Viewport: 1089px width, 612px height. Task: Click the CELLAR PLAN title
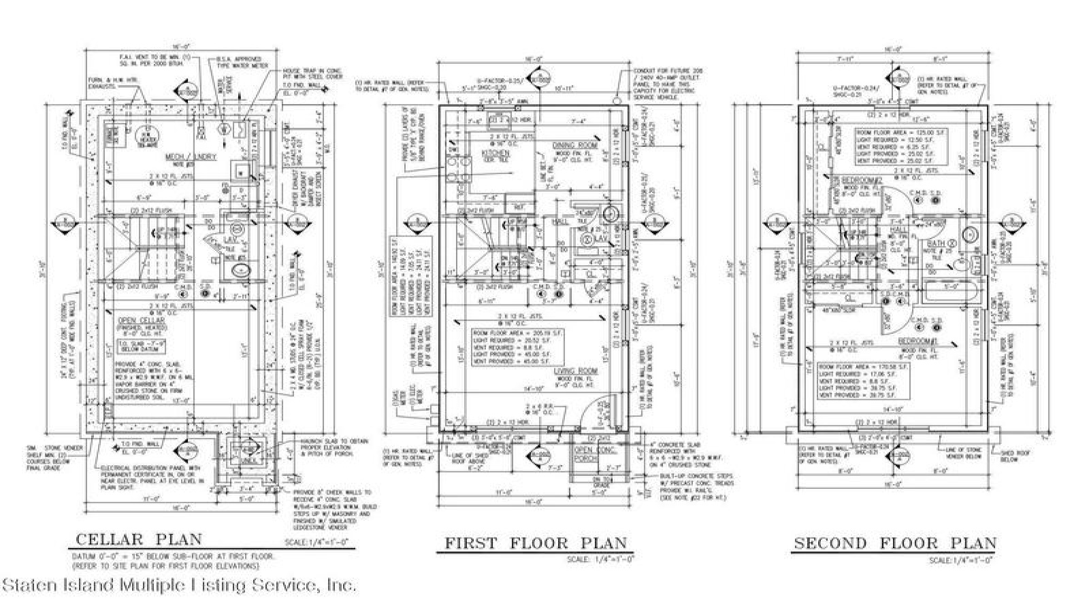tap(138, 539)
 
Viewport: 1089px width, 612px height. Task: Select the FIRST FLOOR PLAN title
tap(535, 543)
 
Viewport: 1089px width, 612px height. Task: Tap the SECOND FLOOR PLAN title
tap(895, 543)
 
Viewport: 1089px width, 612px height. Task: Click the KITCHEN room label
tap(495, 154)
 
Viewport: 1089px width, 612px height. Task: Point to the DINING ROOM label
tap(576, 146)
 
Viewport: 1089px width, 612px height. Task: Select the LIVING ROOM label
tap(575, 371)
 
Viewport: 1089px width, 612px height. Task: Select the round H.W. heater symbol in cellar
tap(144, 134)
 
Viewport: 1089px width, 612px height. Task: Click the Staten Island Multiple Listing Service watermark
tap(178, 585)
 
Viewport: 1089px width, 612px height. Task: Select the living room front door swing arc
tap(591, 407)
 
